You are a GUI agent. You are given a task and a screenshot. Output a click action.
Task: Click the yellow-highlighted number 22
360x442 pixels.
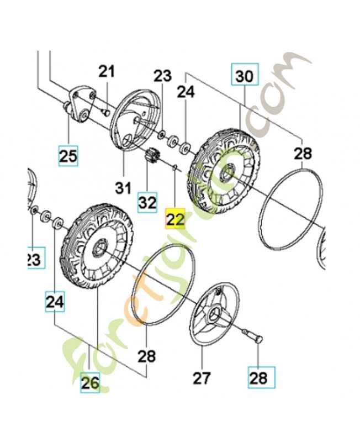174,219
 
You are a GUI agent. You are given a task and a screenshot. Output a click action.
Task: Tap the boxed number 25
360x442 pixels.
69,156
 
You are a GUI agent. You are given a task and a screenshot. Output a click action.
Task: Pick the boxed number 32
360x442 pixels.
147,202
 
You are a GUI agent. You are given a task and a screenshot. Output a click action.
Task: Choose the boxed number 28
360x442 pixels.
258,378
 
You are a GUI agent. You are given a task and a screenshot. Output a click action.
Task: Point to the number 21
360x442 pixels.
107,71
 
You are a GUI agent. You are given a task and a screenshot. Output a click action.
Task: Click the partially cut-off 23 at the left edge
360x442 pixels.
34,258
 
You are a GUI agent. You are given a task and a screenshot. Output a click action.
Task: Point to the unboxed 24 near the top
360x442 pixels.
186,92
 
